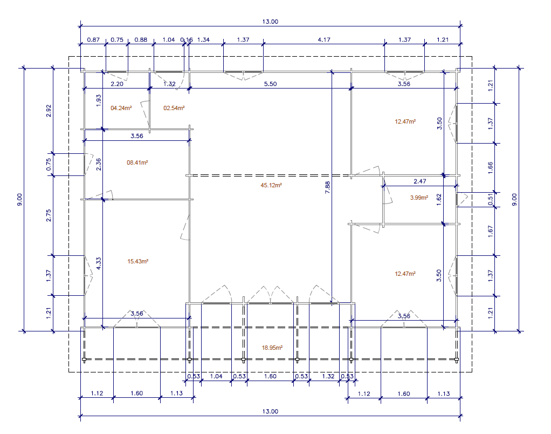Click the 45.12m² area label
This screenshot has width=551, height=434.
tap(272, 185)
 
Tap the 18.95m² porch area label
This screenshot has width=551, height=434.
tap(272, 348)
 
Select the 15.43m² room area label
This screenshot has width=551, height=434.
tap(137, 261)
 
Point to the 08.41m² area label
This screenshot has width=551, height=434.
tap(137, 162)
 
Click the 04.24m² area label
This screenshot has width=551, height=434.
tap(121, 108)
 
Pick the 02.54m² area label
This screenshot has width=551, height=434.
tap(174, 108)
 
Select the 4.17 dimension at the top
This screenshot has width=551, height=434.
tap(324, 39)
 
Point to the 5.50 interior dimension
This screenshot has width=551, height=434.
tap(270, 84)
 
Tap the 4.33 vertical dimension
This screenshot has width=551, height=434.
tap(99, 263)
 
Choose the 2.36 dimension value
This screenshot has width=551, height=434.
tap(99, 164)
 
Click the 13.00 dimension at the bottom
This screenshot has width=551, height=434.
tap(270, 411)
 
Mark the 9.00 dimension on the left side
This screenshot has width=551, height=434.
tap(20, 200)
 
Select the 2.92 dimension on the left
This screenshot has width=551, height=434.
tap(49, 111)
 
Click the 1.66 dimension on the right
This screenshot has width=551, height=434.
tap(491, 167)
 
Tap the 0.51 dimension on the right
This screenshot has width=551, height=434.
tap(491, 199)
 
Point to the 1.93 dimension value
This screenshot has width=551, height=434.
tap(99, 100)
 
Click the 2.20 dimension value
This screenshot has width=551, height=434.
tap(117, 84)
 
